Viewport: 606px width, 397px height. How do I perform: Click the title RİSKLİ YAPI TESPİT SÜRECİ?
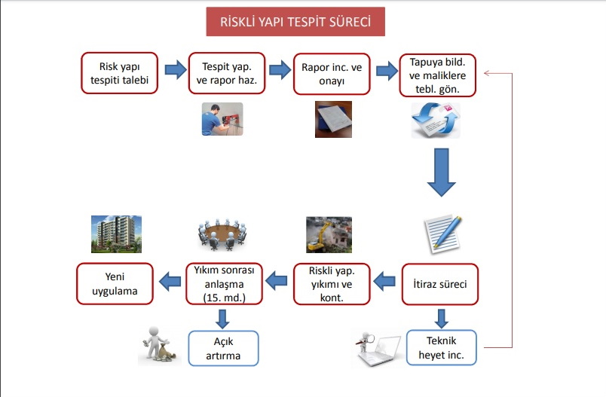[295, 22]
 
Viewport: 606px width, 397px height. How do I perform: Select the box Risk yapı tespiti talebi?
[119, 73]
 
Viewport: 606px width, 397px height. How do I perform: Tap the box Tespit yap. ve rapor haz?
[227, 73]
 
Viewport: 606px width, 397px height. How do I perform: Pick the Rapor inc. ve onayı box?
[332, 74]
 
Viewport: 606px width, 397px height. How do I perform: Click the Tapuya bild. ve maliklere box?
[437, 75]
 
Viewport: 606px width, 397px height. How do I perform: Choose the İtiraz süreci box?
[440, 284]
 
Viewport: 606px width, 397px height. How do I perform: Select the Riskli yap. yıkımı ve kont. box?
[332, 284]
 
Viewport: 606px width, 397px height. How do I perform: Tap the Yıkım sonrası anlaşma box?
[224, 284]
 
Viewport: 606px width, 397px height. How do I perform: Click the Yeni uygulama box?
[115, 284]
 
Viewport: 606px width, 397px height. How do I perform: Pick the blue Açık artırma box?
[223, 348]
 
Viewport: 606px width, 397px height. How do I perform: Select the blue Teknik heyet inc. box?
[442, 347]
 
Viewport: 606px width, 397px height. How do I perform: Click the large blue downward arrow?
[442, 173]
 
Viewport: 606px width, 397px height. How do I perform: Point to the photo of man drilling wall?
[222, 119]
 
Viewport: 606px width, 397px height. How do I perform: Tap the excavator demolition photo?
[329, 235]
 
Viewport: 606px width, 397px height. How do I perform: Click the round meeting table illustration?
[222, 235]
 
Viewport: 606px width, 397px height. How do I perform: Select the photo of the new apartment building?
[116, 234]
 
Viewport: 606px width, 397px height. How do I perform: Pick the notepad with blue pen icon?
[443, 234]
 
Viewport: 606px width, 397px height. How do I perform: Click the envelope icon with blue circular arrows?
[436, 120]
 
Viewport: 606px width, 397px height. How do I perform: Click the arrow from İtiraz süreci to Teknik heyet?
[441, 319]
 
